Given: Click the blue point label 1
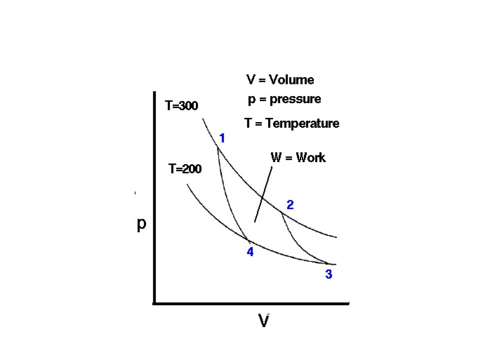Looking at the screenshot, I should pos(222,138).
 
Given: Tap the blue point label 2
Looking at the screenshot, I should pos(290,205).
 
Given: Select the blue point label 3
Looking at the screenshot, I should pos(329,274).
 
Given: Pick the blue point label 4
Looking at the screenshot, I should pos(250,252).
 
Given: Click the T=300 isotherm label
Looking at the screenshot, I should pos(181,106).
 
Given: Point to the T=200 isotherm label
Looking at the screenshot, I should pos(185,169).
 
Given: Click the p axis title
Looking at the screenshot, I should pos(141,225).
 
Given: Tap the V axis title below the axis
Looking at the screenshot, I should pos(263,321).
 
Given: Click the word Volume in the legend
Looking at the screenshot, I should pos(291,80).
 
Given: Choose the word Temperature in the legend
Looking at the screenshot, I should pos(302,123).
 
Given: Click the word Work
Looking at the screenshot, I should pos(311,157).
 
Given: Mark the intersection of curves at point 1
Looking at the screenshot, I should pos(217,147).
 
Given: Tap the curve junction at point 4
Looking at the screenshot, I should pos(248,240).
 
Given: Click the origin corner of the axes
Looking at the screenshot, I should pos(154,303).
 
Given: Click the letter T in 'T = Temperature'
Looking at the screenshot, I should pos(248,123).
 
